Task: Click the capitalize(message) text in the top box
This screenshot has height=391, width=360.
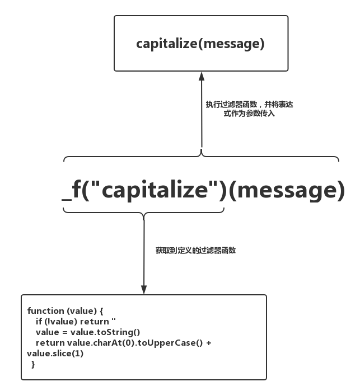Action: (200, 44)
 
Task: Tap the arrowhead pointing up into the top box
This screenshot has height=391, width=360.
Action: (202, 77)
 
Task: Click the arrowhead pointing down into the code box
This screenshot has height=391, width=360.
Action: (144, 290)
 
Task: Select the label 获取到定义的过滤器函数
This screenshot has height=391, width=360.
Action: (196, 250)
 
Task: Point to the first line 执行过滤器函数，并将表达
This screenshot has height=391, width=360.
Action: (249, 104)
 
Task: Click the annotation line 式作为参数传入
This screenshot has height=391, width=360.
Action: (249, 113)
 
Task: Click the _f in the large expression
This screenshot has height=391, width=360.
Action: (71, 190)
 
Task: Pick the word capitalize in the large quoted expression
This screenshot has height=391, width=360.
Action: (155, 190)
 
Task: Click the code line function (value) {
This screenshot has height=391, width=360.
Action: (65, 310)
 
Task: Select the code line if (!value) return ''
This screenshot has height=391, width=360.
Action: (76, 322)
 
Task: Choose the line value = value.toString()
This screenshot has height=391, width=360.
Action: (88, 332)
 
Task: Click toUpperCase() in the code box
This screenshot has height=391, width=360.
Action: (170, 343)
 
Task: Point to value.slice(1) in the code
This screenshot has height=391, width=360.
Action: (55, 354)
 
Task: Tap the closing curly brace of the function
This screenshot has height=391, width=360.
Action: (33, 364)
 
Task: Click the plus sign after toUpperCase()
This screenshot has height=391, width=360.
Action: (209, 343)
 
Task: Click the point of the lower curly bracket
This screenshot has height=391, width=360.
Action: (144, 219)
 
